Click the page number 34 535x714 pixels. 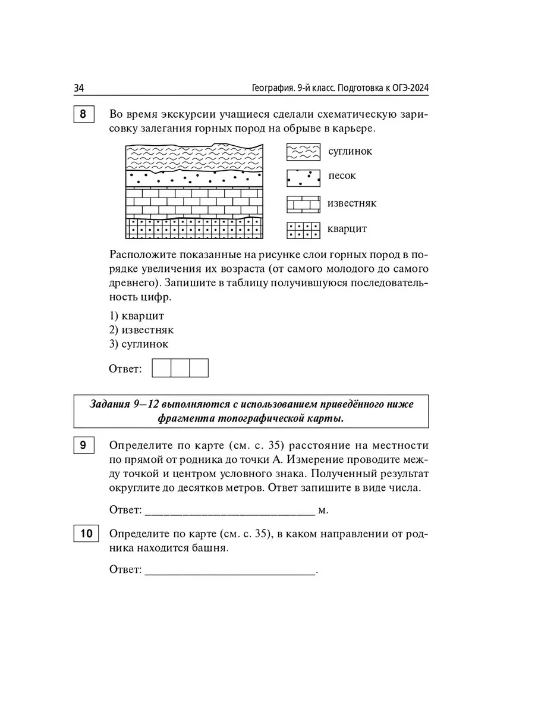79,88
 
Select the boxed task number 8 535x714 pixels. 84,114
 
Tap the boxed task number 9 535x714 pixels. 84,446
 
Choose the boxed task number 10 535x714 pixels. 86,534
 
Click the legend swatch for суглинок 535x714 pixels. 303,152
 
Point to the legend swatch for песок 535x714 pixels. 303,177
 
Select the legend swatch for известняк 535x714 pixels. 303,204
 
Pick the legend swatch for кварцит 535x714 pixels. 303,230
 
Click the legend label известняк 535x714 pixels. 352,203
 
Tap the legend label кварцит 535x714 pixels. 347,229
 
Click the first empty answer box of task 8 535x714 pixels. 162,368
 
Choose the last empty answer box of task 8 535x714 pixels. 199,368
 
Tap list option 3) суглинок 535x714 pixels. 139,344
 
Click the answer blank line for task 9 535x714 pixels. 229,510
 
